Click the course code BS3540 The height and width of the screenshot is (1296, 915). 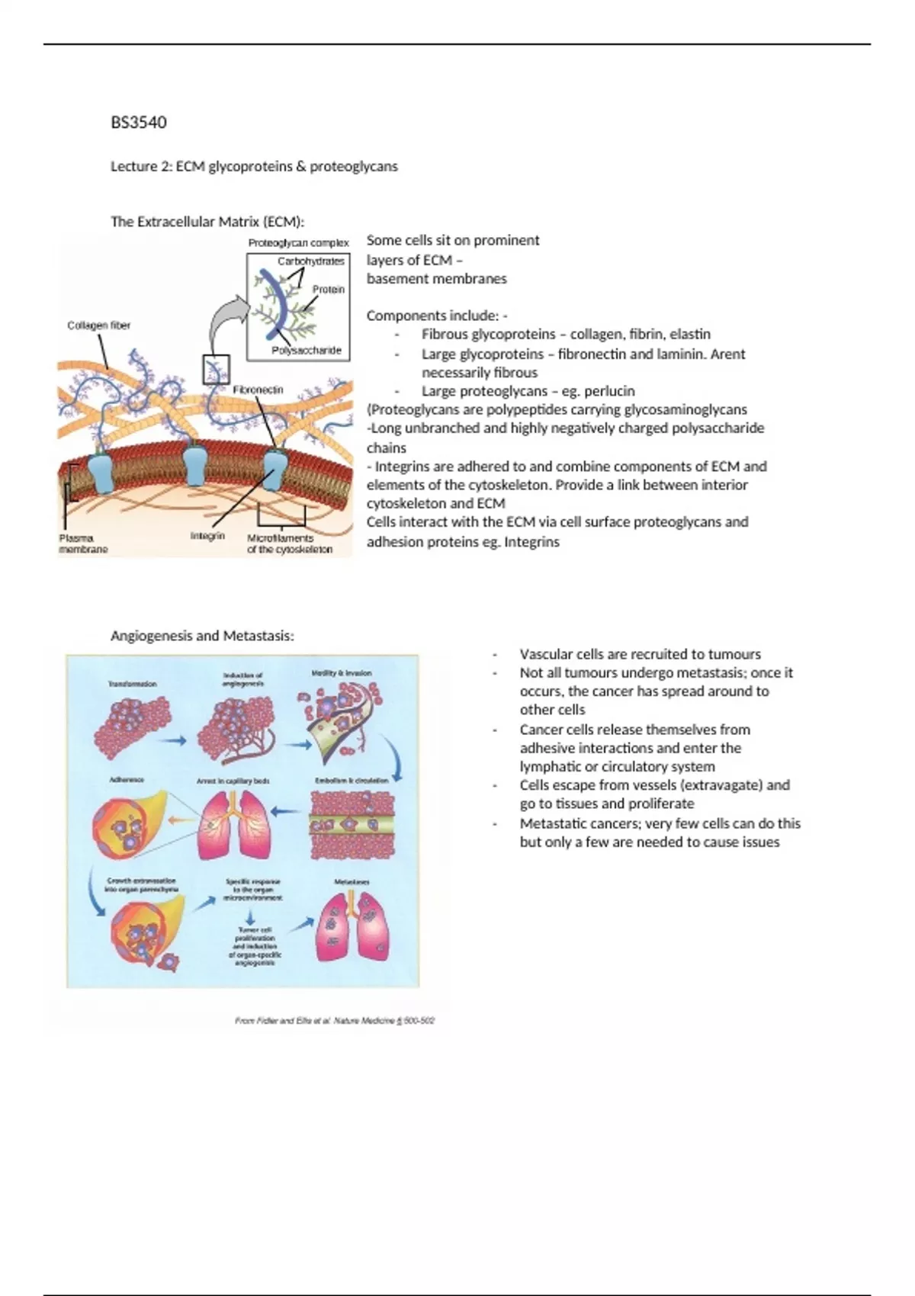pyautogui.click(x=139, y=123)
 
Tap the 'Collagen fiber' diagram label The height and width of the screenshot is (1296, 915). pyautogui.click(x=98, y=326)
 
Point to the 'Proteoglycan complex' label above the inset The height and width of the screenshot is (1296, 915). pyautogui.click(x=298, y=243)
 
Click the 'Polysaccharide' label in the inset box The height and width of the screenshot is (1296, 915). pyautogui.click(x=307, y=351)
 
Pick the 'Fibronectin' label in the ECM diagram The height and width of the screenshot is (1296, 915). pyautogui.click(x=258, y=390)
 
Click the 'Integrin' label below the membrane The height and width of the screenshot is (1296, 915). pyautogui.click(x=207, y=536)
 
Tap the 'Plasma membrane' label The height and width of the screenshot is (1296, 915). pyautogui.click(x=83, y=544)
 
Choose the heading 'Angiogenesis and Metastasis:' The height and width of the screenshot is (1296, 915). pyautogui.click(x=202, y=636)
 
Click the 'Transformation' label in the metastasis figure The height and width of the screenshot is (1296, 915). pyautogui.click(x=132, y=684)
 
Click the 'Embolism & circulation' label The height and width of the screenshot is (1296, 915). pyautogui.click(x=352, y=781)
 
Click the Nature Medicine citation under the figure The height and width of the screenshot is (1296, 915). pyautogui.click(x=335, y=1020)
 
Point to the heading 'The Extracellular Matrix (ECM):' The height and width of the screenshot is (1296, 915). pyautogui.click(x=207, y=222)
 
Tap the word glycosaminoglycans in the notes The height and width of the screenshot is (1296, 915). pyautogui.click(x=685, y=409)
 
